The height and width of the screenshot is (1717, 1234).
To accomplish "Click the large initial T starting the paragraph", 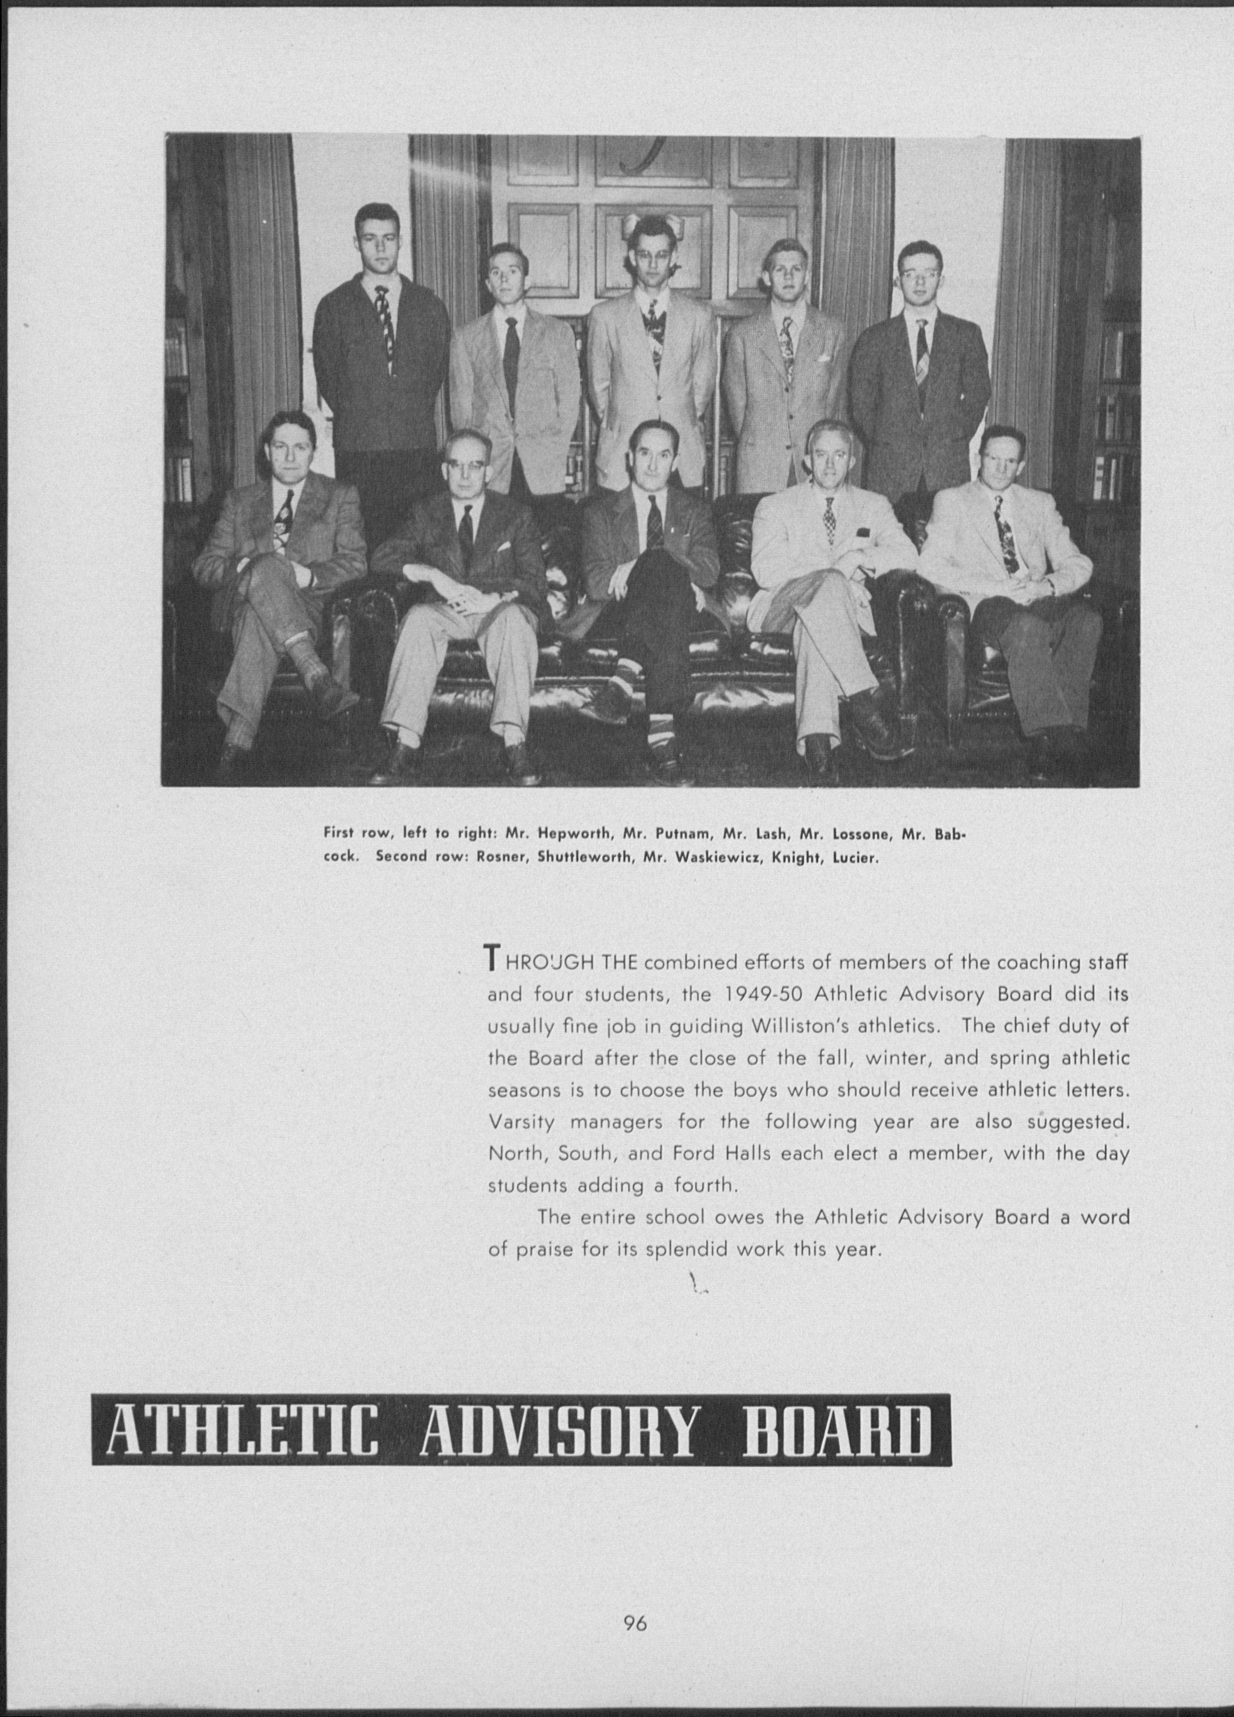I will (493, 958).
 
